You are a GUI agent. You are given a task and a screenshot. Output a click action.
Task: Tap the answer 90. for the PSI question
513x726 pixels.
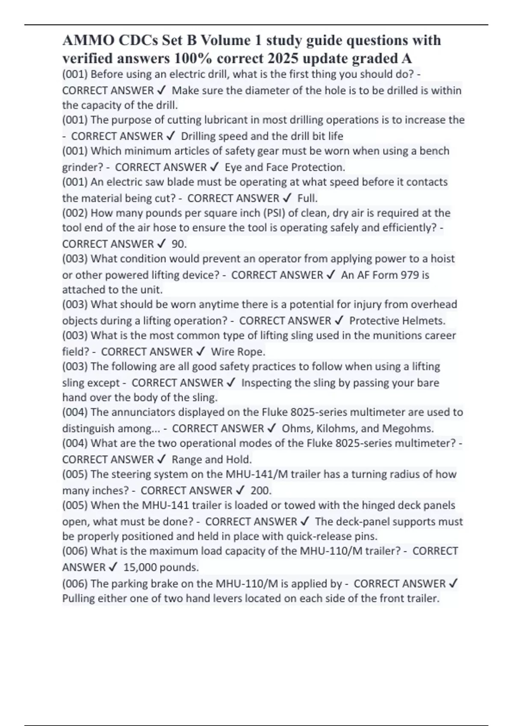(179, 244)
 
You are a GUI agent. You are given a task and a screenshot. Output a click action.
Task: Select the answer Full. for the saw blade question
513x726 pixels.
(307, 198)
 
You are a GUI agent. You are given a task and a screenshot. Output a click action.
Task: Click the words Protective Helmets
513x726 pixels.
(397, 320)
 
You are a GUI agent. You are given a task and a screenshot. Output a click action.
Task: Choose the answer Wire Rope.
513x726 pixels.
(238, 351)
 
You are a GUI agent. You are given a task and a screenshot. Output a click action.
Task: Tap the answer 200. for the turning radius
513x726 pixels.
(261, 490)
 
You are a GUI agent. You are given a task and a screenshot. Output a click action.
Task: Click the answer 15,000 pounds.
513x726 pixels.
(161, 567)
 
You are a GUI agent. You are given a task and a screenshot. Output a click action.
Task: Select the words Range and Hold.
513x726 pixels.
(212, 460)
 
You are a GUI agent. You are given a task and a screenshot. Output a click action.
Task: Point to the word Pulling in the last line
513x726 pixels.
(79, 598)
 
